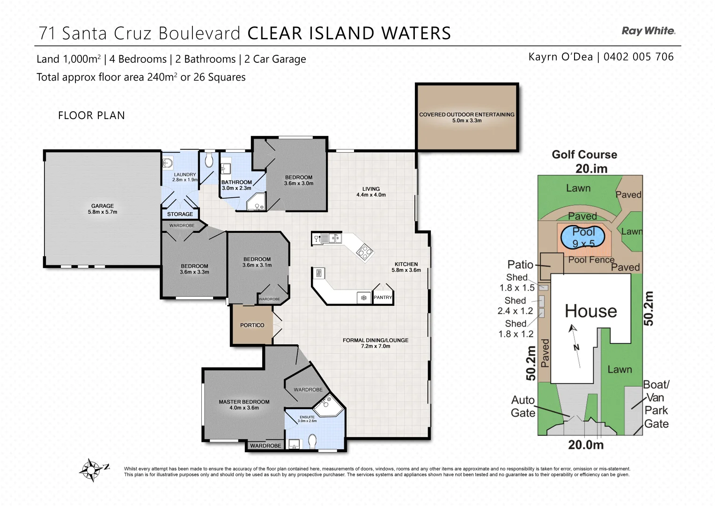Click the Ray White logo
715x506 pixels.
[648, 31]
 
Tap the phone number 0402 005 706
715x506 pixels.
[638, 57]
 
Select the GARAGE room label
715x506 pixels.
[103, 206]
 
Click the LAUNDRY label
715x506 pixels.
[185, 174]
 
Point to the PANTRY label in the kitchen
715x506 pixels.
[383, 298]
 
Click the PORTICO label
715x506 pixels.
[252, 325]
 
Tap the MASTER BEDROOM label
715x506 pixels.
[244, 402]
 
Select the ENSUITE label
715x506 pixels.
[307, 417]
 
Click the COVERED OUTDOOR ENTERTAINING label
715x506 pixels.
[466, 114]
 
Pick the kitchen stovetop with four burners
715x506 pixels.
[364, 253]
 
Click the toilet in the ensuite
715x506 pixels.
[313, 441]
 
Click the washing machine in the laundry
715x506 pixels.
[167, 164]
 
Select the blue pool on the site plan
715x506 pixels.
[583, 237]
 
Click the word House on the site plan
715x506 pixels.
[590, 311]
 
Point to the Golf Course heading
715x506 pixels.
[584, 155]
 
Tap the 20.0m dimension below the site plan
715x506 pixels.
[585, 445]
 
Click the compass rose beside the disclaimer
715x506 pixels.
[92, 469]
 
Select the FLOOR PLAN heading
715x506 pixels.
[91, 115]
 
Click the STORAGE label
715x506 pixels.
[180, 214]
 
